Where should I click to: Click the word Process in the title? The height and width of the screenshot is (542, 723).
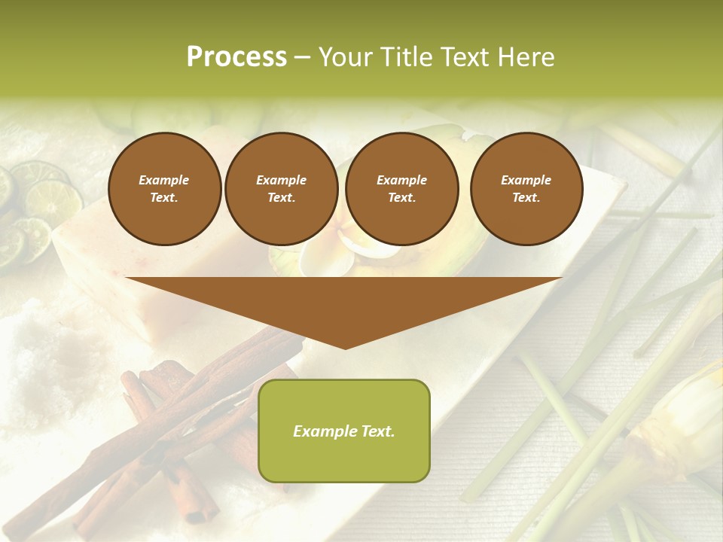pyautogui.click(x=236, y=57)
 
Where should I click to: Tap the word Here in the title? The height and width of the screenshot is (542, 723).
pyautogui.click(x=526, y=57)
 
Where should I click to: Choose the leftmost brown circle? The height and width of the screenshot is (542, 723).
pyautogui.click(x=164, y=189)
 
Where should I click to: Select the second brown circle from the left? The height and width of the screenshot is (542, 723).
pyautogui.click(x=281, y=189)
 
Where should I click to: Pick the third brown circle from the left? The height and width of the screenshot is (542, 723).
pyautogui.click(x=401, y=189)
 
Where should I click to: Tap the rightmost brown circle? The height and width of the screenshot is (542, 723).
pyautogui.click(x=526, y=189)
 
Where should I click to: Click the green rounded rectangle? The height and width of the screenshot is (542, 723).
pyautogui.click(x=344, y=431)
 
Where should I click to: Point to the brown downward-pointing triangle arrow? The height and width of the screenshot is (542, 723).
pyautogui.click(x=344, y=309)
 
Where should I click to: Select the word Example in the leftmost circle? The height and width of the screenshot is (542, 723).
pyautogui.click(x=164, y=181)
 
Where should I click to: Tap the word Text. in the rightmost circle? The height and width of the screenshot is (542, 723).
pyautogui.click(x=526, y=198)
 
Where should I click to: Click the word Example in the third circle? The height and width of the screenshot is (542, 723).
pyautogui.click(x=401, y=181)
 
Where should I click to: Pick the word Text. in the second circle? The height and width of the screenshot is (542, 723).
pyautogui.click(x=281, y=198)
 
